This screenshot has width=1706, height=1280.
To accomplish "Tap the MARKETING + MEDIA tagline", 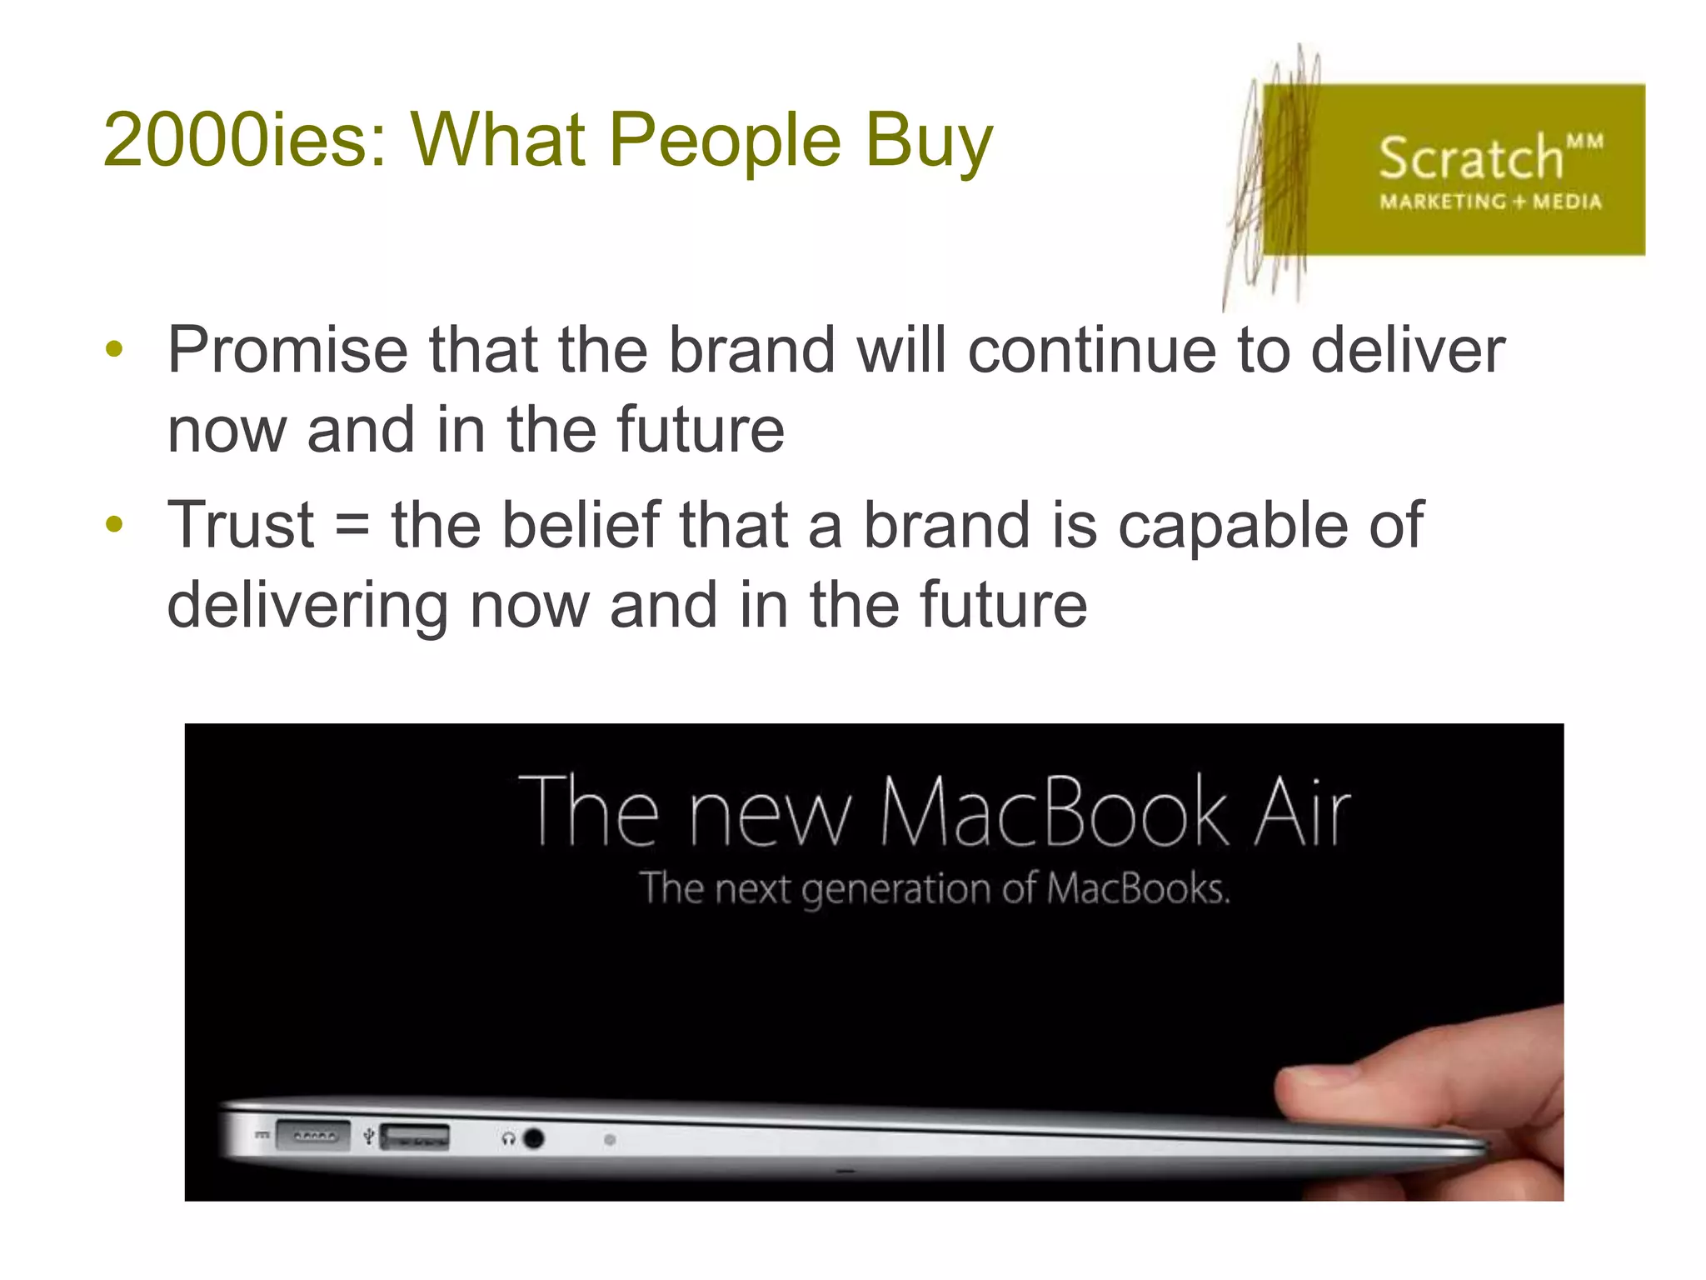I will [1490, 202].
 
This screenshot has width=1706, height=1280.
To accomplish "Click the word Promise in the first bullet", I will [287, 350].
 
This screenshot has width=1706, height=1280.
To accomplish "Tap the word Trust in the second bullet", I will [241, 525].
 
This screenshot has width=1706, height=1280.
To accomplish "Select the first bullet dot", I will [115, 349].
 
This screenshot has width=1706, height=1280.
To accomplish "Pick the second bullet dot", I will [115, 524].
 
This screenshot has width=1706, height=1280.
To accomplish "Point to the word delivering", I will [307, 606].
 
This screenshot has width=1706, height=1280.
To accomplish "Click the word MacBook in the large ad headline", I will [1054, 812].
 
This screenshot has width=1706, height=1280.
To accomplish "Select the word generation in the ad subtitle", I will [896, 889].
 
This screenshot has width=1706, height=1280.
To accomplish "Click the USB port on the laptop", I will [415, 1137].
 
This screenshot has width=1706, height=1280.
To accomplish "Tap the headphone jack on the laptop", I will [534, 1138].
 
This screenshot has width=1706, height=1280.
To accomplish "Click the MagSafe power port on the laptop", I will [312, 1135].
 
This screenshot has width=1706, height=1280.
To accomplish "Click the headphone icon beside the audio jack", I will [508, 1138].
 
